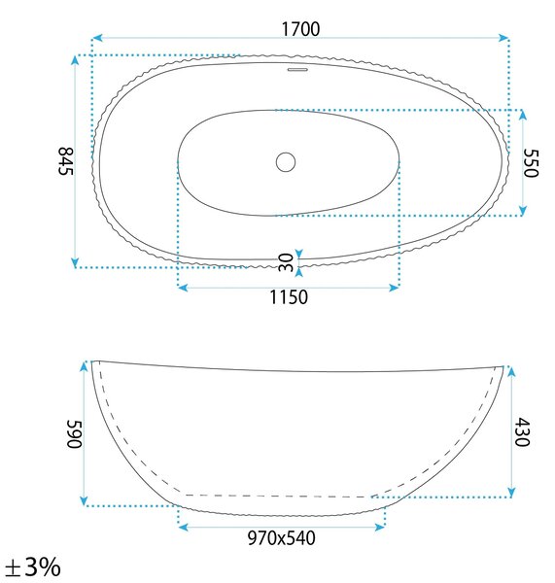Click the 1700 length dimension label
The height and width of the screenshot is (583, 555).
[x=300, y=29]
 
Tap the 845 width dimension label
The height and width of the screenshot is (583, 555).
[x=67, y=161]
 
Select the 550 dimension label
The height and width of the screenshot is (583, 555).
[x=531, y=163]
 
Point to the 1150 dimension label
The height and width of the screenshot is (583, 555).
[x=289, y=297]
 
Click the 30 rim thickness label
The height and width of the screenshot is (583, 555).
[x=286, y=262]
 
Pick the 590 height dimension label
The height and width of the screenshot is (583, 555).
[x=74, y=434]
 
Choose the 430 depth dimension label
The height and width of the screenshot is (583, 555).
[x=522, y=431]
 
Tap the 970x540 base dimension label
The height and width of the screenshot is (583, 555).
[x=281, y=538]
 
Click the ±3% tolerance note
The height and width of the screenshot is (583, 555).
[x=33, y=567]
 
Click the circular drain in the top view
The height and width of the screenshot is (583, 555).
[x=286, y=162]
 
